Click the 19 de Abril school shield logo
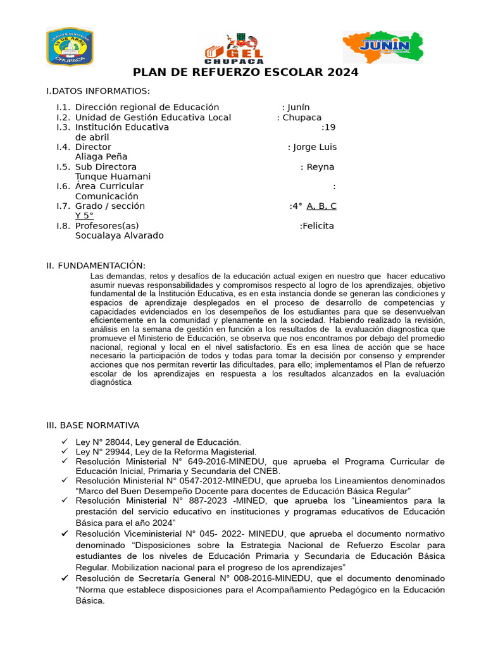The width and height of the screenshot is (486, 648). pos(70,47)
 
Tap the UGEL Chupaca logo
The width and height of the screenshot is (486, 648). pos(234,47)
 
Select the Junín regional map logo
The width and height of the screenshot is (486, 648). pos(383,47)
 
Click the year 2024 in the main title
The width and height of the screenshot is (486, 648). pos(343,72)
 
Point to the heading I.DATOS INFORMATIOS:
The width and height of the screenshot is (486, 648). pos(98,91)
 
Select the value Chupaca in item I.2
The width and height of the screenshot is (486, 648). pos(302,118)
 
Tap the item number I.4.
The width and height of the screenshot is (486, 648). pos(63,147)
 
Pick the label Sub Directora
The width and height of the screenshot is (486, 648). pos(106,167)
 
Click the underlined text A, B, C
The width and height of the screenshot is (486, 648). pos(321,206)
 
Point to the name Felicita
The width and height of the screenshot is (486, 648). pos(318,226)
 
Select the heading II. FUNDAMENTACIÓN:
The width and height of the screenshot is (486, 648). pos(96,265)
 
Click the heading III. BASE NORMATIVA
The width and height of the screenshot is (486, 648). pos(92,425)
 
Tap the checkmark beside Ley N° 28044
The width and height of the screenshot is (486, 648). pos(65,442)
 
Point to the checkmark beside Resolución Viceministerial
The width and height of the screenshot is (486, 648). pos(65,534)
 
